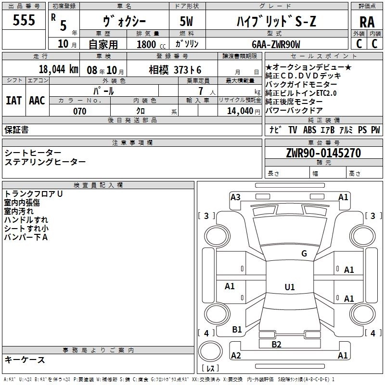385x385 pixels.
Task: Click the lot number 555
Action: point(24,20)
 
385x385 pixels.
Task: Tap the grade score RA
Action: point(367,22)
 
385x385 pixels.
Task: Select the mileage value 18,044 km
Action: point(58,69)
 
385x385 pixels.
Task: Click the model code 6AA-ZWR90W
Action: point(276,44)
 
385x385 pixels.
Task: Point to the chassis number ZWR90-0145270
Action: point(323,153)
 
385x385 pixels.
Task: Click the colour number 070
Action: point(79,111)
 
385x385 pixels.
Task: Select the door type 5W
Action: point(186,21)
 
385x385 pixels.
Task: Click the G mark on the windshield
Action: point(304,254)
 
